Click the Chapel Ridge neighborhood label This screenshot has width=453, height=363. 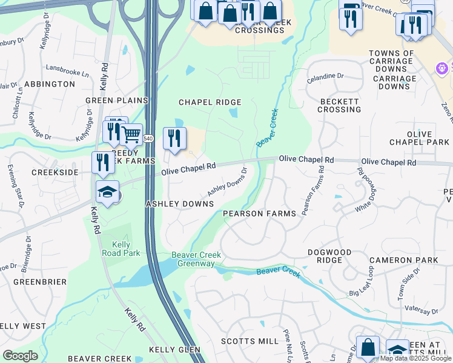click(210, 102)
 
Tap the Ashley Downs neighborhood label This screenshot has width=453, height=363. click(179, 204)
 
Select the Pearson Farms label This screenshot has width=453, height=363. click(259, 214)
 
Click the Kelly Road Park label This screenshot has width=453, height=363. click(117, 248)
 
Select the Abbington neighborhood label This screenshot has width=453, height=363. click(50, 83)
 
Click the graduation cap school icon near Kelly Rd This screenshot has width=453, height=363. click(107, 192)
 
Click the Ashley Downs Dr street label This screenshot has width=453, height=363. click(227, 181)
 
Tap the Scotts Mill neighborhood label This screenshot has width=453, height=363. click(250, 341)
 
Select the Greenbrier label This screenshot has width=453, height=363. click(35, 281)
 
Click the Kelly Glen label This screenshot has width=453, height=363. click(174, 350)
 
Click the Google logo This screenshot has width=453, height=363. click(20, 356)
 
